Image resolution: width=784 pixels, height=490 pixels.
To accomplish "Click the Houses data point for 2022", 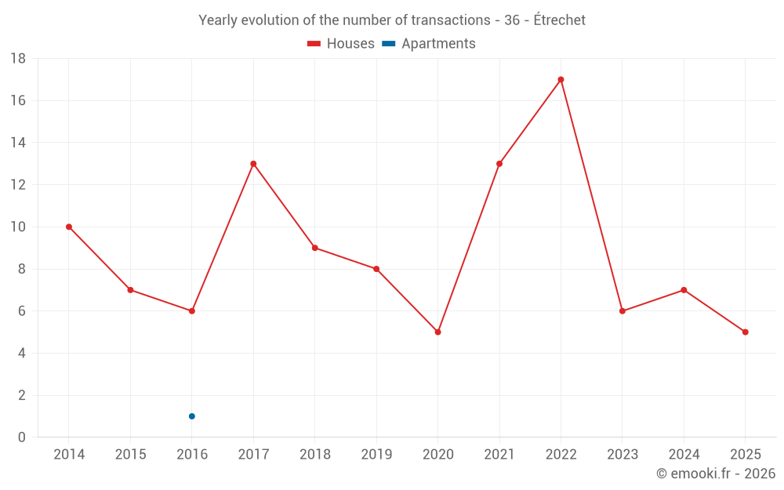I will point(561,79).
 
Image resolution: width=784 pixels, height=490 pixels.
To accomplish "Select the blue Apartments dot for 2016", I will point(191,416).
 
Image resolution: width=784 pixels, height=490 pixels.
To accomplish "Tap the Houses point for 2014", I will point(69,227).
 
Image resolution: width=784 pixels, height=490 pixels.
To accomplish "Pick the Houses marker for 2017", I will point(253,164).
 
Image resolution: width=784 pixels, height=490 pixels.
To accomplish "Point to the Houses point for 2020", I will point(437,332).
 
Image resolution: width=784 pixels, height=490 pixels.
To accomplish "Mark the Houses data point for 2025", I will point(745,332).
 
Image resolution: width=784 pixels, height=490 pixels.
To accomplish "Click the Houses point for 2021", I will point(499,164).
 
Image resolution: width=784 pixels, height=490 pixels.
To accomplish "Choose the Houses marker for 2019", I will point(376,269).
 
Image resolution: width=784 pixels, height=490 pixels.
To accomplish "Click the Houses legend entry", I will point(341,44).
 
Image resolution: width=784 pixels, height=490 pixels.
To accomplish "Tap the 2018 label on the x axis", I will point(314,455).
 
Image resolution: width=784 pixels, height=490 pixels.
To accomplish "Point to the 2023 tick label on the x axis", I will point(622,455).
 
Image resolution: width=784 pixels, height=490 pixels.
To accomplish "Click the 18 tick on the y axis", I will point(18,59).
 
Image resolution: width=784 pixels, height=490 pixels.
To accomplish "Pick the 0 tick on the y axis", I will point(22,437).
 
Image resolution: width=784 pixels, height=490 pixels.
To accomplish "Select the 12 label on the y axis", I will point(18,185).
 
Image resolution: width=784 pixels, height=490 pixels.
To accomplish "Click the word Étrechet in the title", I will point(559,20).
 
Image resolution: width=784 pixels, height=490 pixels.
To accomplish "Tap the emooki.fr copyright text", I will point(716,474).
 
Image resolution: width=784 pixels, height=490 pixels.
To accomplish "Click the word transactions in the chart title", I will point(448,20).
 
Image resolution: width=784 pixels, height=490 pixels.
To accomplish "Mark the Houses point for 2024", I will point(684,290).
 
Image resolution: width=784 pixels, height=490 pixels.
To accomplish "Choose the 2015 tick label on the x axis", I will point(130,455).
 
